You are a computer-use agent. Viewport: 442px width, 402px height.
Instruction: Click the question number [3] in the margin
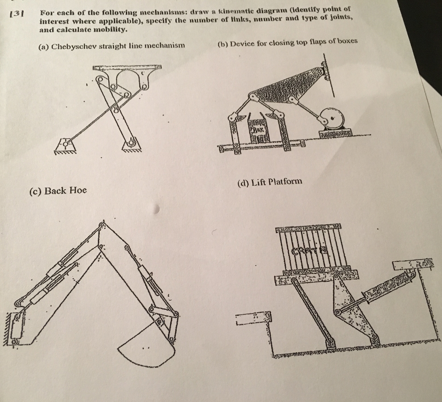(x=17, y=12)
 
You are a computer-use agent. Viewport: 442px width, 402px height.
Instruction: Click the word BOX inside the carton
(x=258, y=129)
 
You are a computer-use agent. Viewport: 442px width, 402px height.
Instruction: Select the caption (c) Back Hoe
(x=58, y=190)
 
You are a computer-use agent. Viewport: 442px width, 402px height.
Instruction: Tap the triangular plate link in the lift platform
(x=348, y=306)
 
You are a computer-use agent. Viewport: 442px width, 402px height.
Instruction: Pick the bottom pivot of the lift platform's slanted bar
(x=332, y=344)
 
